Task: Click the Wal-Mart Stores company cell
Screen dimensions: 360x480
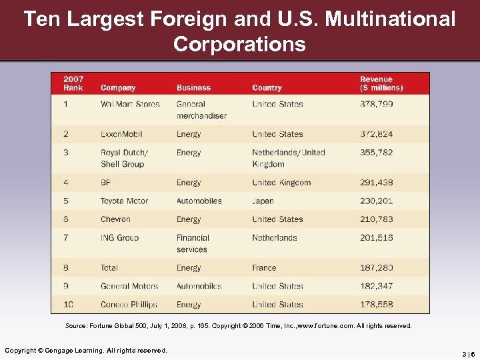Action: [x=130, y=104]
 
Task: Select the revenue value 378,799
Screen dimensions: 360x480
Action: [x=377, y=104]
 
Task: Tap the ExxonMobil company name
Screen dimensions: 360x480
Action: [x=121, y=134]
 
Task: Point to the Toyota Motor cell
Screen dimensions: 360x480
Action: [x=125, y=201]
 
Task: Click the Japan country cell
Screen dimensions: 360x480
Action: [x=263, y=201]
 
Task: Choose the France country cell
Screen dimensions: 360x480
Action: [x=264, y=268]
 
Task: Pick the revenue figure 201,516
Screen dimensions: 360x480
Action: [x=377, y=238]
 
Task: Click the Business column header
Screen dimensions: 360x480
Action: [x=193, y=88]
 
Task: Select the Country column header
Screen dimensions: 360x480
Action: [x=267, y=88]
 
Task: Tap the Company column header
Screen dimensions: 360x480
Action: [x=118, y=88]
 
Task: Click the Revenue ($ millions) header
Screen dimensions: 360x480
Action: [x=381, y=83]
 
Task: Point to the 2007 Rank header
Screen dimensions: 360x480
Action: [x=73, y=83]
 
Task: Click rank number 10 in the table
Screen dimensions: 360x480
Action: [x=69, y=305]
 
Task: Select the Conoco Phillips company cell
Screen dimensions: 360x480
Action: [x=129, y=305]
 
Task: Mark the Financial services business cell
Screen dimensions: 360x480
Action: [x=193, y=243]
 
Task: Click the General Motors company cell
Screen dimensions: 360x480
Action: [x=129, y=286]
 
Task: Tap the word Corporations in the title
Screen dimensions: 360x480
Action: [x=239, y=44]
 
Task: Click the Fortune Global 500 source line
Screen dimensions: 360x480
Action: [x=239, y=326]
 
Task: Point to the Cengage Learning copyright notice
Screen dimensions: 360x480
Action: [x=86, y=351]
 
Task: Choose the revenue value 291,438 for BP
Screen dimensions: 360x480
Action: [x=377, y=183]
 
